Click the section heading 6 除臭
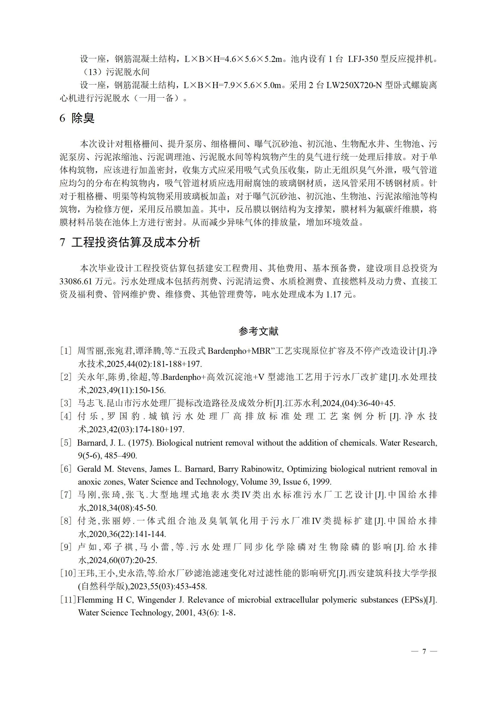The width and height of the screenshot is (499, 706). (77, 118)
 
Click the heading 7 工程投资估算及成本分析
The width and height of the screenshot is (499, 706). (130, 242)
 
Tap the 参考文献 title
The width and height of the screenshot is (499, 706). (258, 331)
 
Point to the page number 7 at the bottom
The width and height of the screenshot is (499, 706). (424, 651)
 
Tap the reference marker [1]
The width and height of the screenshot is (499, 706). (66, 351)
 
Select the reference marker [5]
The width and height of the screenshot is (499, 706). (66, 443)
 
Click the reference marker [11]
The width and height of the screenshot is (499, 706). (68, 600)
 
